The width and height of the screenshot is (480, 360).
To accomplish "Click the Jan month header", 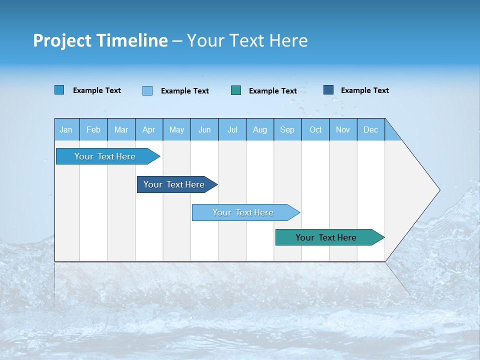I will tap(66, 129).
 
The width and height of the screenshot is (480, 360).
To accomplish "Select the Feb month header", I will tap(93, 129).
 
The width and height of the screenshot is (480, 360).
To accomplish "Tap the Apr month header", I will tap(148, 129).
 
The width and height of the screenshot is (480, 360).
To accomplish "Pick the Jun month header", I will tap(204, 129).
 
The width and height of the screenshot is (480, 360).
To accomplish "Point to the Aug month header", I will tap(259, 129).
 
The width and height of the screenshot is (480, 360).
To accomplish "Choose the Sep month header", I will tap(287, 129).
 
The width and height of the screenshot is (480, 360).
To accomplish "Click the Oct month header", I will tap(315, 129).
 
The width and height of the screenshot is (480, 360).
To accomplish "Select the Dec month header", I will tap(370, 129).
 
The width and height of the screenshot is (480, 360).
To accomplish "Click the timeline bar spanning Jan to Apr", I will tap(105, 156).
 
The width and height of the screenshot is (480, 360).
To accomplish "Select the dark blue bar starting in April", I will tap(174, 184).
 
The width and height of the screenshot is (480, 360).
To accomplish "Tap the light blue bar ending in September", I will tap(243, 212).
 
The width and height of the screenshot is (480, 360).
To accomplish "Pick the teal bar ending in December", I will tap(326, 237).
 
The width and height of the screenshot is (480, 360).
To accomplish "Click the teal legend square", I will tap(236, 90).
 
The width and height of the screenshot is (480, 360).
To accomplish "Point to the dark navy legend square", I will tap(328, 90).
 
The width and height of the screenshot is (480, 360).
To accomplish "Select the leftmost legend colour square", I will tap(59, 90).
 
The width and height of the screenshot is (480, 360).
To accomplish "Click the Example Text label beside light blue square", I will tap(184, 90).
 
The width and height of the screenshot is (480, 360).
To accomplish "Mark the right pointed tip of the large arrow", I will tap(439, 189).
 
